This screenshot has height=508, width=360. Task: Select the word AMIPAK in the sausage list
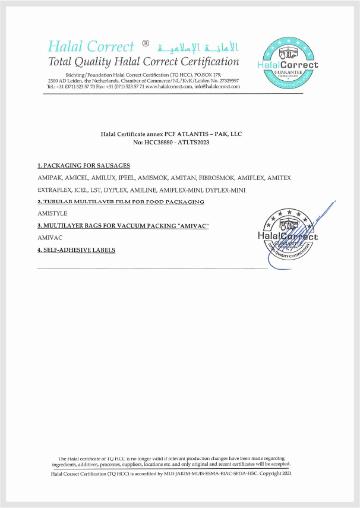[x=49, y=178]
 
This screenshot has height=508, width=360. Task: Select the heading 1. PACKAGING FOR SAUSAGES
[x=84, y=165]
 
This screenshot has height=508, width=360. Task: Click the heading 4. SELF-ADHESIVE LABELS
[x=76, y=250]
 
